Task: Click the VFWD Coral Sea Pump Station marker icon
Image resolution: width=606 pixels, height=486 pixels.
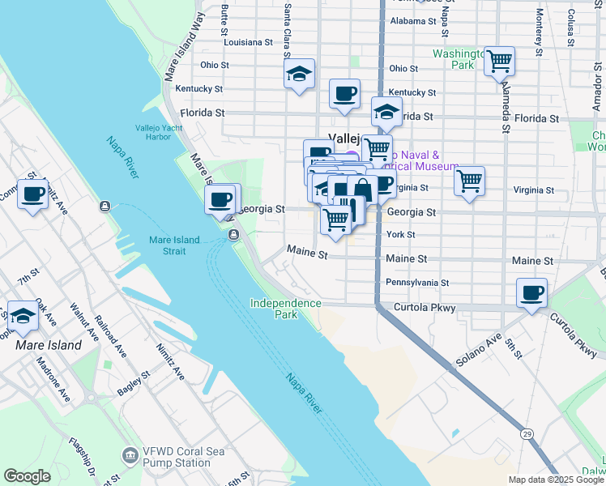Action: (x=128, y=454)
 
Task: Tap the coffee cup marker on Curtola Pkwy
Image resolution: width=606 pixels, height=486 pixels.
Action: (x=531, y=293)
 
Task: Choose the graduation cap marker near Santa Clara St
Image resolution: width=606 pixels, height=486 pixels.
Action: (x=299, y=75)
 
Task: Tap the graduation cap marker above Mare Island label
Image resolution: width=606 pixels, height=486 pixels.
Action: (x=23, y=316)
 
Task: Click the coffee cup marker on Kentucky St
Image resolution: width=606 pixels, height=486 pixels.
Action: (x=344, y=92)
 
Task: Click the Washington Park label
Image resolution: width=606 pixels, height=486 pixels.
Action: (x=454, y=58)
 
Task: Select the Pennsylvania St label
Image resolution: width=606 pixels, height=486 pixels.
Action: (x=416, y=283)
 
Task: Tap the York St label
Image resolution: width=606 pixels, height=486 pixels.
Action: (x=400, y=235)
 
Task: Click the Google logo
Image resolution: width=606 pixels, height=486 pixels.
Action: (x=27, y=476)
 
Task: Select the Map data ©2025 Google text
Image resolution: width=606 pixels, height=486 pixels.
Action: (x=555, y=480)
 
